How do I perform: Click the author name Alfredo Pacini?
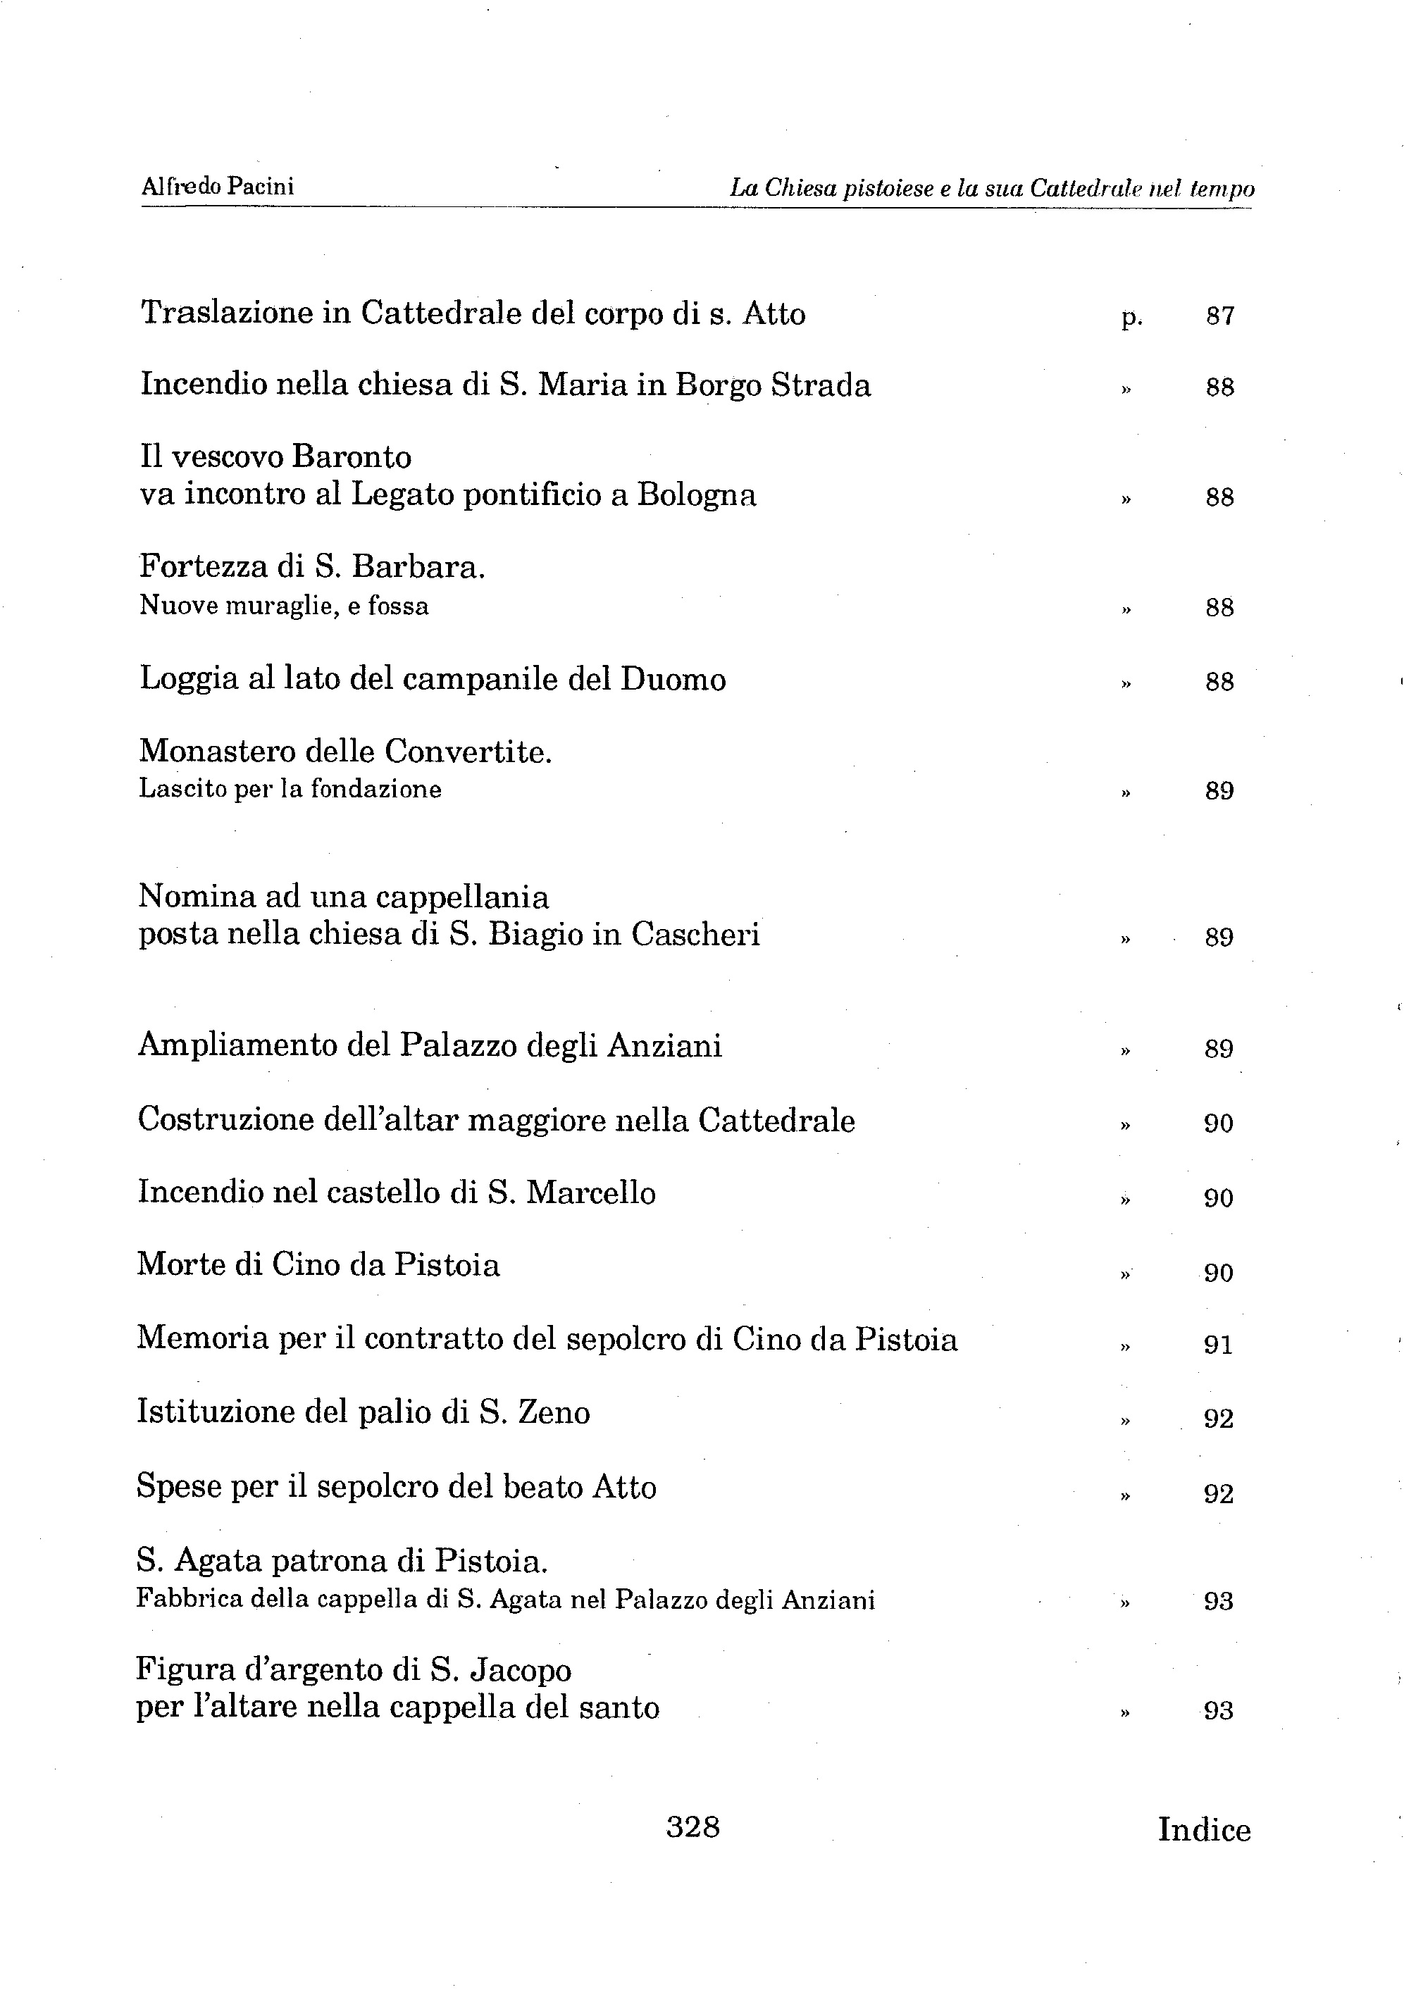217,187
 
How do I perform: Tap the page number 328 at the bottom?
692,1827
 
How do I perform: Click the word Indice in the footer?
1203,1830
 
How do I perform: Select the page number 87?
1219,316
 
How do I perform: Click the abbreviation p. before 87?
1131,318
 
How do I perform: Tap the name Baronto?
352,456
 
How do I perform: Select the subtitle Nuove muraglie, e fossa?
284,606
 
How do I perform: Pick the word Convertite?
468,752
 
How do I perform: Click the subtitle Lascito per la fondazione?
290,790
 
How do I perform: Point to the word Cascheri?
695,935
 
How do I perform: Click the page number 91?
1218,1345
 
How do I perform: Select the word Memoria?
202,1339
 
